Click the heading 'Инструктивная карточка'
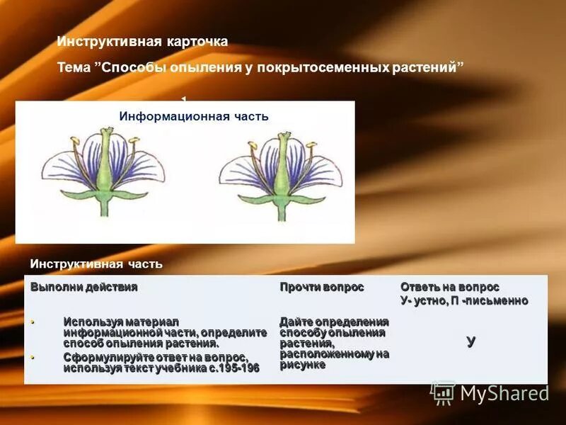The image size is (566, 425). tap(142, 42)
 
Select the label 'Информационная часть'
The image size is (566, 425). tap(193, 116)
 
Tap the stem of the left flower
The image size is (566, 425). tap(105, 205)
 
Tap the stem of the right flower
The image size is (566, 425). tap(282, 207)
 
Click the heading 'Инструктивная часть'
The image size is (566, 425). tap(96, 264)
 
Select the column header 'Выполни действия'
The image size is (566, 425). tap(83, 287)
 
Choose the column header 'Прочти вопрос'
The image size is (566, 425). tap(321, 287)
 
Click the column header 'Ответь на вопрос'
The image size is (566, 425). tap(450, 287)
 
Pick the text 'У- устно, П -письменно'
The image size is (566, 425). tap(464, 300)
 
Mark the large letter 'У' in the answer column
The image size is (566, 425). tap(471, 341)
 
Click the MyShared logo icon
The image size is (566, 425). tap(442, 392)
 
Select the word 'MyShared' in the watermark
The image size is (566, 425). tap(504, 393)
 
